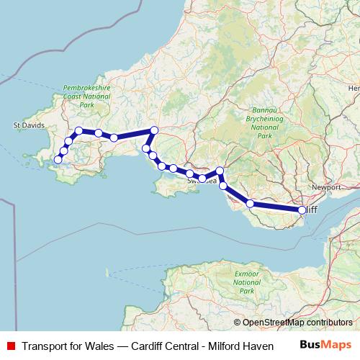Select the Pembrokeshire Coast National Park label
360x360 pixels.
(x=86, y=96)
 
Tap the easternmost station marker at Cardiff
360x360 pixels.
(x=302, y=210)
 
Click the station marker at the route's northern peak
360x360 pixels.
(x=153, y=130)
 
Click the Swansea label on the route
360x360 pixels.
(x=202, y=181)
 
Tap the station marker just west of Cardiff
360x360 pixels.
(x=250, y=204)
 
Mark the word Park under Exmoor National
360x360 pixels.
(x=247, y=291)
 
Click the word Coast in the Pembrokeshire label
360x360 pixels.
(x=76, y=96)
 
